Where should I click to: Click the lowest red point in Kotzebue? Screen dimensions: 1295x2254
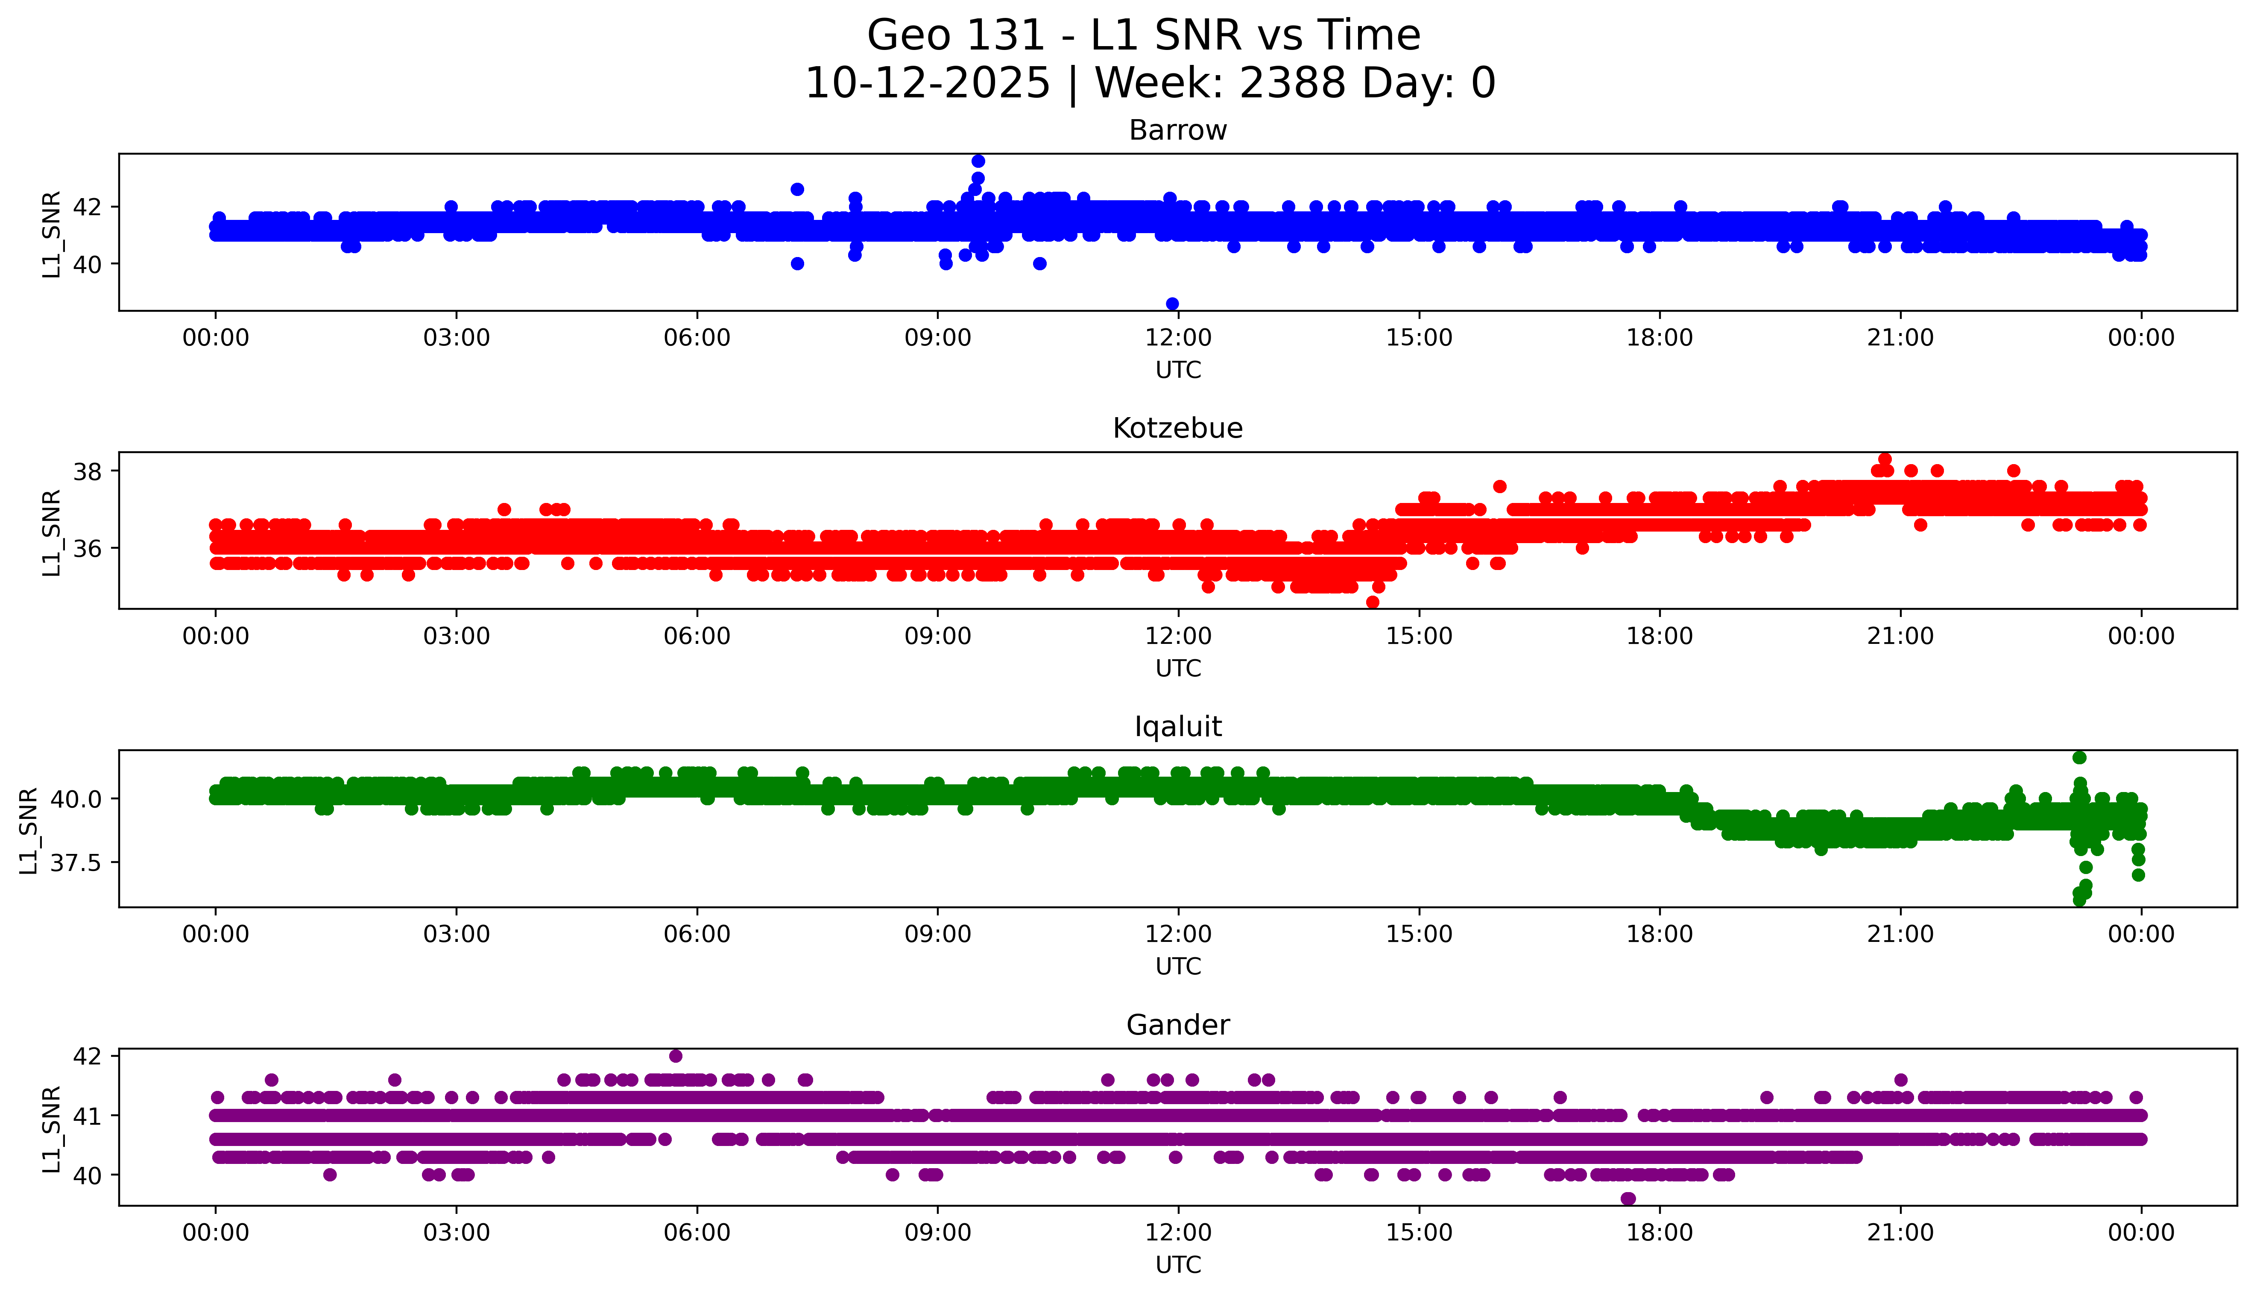click(x=1373, y=602)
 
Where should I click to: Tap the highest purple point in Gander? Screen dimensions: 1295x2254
click(x=676, y=1056)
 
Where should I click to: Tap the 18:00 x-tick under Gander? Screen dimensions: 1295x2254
click(x=1660, y=1233)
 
